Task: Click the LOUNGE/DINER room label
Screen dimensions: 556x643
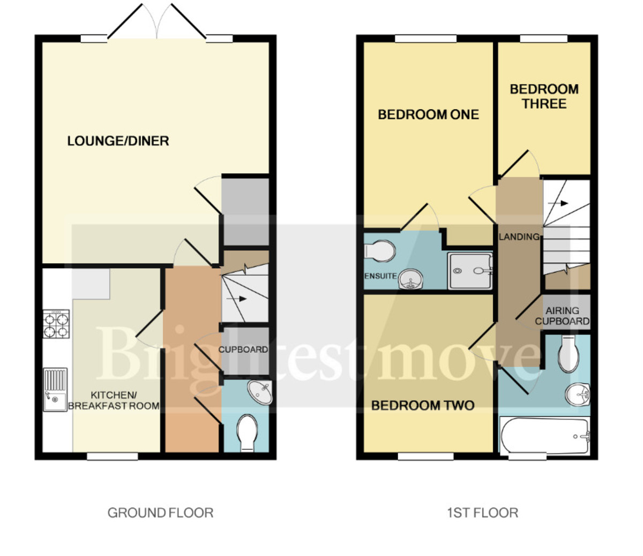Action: [118, 141]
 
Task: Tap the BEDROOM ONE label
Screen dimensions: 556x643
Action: [428, 115]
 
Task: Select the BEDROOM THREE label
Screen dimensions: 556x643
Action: [544, 96]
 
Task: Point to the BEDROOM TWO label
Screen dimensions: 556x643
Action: [423, 406]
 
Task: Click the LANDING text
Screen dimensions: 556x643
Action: [519, 237]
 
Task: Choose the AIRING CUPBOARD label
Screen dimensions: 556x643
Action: [562, 316]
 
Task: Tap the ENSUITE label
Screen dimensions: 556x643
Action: [380, 276]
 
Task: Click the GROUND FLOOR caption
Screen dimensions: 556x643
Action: [160, 513]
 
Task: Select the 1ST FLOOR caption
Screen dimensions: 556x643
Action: [482, 513]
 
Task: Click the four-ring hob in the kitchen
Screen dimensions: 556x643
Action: [56, 324]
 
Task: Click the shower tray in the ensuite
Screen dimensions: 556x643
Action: [470, 271]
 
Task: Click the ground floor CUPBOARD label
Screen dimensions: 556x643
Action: [243, 349]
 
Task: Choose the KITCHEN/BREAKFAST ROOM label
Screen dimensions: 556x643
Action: [114, 400]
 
